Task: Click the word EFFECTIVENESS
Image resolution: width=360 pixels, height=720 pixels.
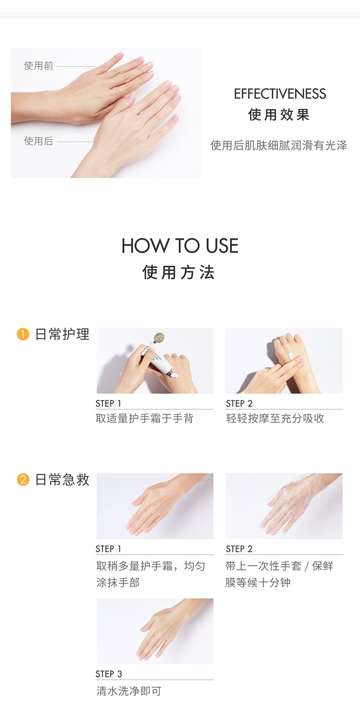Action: (280, 94)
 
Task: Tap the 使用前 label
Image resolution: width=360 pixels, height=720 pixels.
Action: (39, 66)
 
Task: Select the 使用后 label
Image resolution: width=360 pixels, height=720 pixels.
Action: (39, 141)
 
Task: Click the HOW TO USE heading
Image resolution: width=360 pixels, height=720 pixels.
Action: (180, 246)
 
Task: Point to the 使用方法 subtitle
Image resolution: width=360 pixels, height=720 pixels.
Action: (178, 273)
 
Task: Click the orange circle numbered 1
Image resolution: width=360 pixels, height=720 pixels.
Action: (23, 334)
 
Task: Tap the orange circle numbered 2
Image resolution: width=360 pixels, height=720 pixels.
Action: (23, 479)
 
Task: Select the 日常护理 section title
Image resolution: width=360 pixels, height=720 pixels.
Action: (62, 334)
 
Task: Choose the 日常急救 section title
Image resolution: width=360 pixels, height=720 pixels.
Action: (62, 479)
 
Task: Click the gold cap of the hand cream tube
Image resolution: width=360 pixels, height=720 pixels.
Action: (159, 338)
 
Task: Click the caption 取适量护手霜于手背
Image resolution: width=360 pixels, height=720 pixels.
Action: (144, 418)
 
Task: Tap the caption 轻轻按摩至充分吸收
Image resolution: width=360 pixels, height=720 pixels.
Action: (275, 418)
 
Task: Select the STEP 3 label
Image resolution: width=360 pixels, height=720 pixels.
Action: (108, 674)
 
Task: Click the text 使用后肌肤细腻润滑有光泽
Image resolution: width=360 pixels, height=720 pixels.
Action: (279, 146)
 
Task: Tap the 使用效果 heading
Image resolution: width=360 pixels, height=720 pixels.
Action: (279, 115)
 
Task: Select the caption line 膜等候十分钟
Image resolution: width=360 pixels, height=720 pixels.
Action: (258, 582)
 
